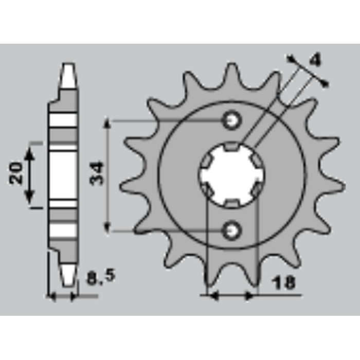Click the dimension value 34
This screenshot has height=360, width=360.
point(97,174)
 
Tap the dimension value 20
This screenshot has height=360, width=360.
point(16,173)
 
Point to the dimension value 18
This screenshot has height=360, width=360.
point(284,283)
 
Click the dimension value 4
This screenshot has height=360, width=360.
point(315,60)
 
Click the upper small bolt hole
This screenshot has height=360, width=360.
point(231,120)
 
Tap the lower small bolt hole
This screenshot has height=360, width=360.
point(231,230)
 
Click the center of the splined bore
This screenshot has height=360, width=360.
point(231,175)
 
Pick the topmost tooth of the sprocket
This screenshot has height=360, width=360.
point(231,76)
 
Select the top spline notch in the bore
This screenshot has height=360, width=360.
point(231,147)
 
